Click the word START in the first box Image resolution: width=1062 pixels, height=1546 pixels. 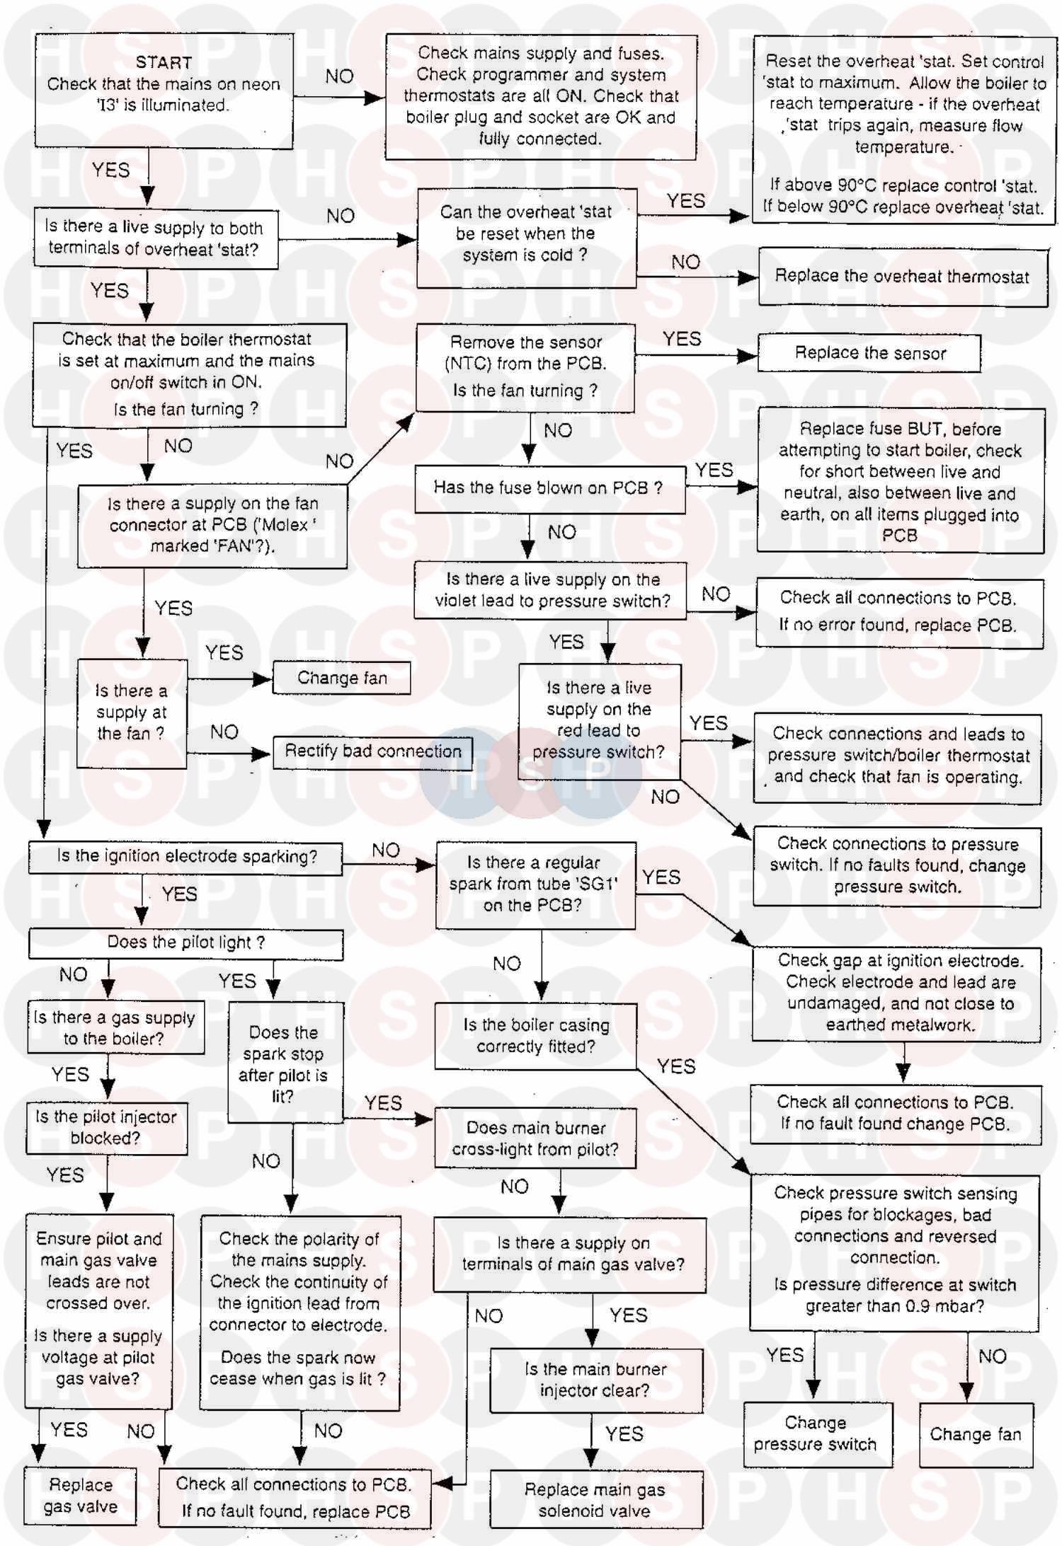click(164, 62)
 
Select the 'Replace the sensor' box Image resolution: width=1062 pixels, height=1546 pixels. click(869, 353)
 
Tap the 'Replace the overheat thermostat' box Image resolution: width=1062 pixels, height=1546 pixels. click(902, 277)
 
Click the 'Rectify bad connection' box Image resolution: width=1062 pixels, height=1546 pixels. click(372, 751)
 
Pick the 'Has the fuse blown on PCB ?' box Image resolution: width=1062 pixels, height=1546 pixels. click(549, 488)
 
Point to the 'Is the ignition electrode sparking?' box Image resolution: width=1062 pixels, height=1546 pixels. click(186, 857)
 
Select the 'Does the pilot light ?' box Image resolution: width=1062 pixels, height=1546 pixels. click(185, 943)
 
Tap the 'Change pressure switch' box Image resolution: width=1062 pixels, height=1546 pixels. click(816, 1433)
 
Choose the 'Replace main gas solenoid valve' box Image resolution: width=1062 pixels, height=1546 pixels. click(595, 1499)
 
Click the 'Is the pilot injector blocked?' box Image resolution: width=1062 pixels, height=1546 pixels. click(106, 1127)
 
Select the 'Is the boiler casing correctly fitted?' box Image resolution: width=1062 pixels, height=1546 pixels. click(536, 1035)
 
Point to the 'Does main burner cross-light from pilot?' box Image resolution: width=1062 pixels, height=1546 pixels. click(535, 1138)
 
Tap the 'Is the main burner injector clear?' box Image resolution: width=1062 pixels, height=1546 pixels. click(595, 1379)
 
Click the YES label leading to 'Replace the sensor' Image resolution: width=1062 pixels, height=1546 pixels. click(682, 339)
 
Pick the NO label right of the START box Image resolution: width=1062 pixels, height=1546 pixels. click(339, 76)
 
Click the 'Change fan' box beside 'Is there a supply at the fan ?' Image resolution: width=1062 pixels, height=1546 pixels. click(342, 678)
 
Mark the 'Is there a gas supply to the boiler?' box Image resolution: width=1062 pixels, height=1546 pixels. click(115, 1027)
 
